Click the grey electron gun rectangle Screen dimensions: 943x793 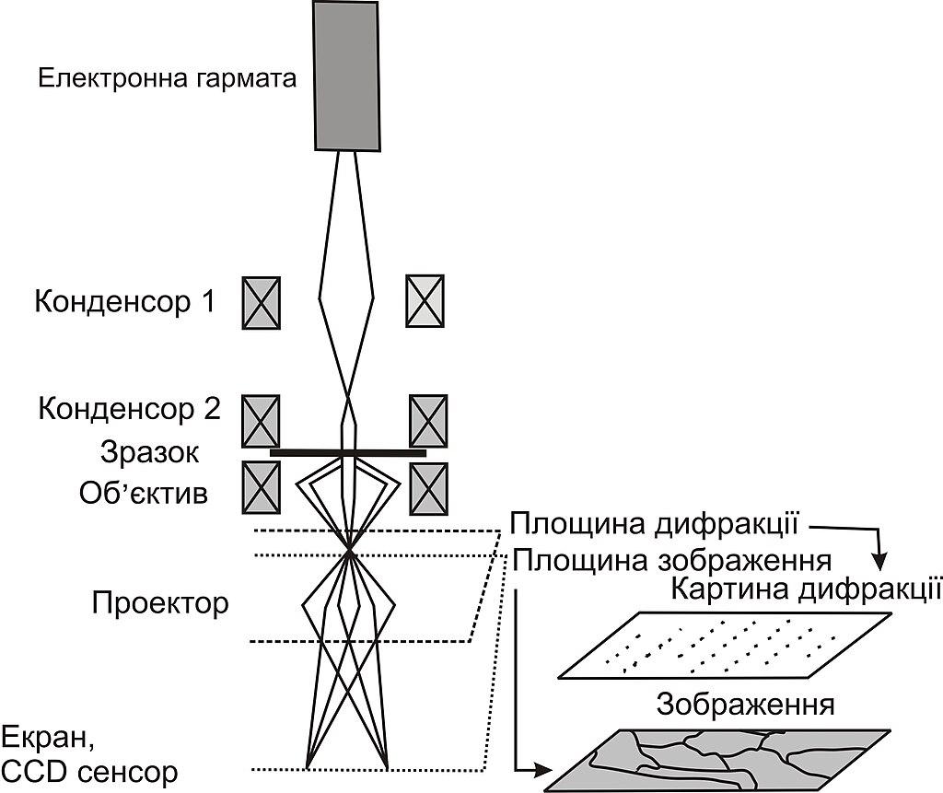coord(347,76)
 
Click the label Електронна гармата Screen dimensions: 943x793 coord(168,79)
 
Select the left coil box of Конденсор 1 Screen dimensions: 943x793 coord(261,303)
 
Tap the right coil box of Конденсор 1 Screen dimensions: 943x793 coord(425,301)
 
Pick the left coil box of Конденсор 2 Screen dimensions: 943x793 coord(261,421)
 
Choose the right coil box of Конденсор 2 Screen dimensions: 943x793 coord(428,421)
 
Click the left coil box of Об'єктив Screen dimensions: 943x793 coord(261,487)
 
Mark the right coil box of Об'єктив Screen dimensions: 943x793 coord(428,488)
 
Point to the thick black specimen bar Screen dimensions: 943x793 coord(347,453)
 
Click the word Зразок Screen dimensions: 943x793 coord(150,452)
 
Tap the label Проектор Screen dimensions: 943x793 coord(160,603)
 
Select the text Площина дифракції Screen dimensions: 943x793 coord(655,524)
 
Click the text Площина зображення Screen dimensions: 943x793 coord(672,561)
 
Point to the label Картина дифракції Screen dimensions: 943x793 coord(806,589)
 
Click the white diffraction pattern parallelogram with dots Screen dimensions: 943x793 coord(726,647)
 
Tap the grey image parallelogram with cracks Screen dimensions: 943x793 coord(716,759)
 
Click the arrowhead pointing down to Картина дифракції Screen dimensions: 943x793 coord(879,562)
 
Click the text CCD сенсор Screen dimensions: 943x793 coord(90,772)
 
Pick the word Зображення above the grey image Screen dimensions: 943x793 coord(746,705)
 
